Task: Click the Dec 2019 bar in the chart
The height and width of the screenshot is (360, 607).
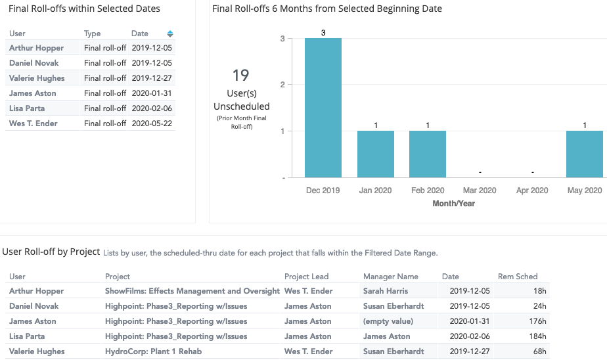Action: (x=323, y=108)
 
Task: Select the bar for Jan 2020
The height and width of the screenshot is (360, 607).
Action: (x=375, y=154)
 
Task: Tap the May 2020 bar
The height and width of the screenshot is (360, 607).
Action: (x=584, y=154)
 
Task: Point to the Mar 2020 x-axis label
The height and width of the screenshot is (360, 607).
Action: (x=479, y=191)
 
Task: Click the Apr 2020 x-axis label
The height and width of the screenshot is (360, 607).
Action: (x=531, y=191)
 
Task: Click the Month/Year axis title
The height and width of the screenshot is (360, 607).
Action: (x=453, y=204)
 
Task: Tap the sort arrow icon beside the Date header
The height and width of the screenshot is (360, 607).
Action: (x=170, y=34)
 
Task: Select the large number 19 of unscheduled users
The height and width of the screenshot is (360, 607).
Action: (x=240, y=76)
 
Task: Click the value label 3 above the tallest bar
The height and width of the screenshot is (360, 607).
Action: (x=323, y=33)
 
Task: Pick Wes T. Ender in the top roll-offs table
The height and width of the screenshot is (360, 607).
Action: (x=33, y=124)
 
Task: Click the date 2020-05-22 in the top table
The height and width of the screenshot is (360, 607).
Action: (x=151, y=124)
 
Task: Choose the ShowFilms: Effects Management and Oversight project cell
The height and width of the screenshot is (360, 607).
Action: (x=192, y=291)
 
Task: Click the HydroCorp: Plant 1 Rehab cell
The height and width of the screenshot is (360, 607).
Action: (x=153, y=351)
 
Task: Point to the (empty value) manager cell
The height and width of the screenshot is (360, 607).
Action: (x=388, y=321)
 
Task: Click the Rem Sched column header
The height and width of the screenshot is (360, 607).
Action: (x=518, y=277)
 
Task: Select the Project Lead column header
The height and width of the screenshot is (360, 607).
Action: (x=306, y=277)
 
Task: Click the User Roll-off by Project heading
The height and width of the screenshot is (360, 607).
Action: (x=51, y=252)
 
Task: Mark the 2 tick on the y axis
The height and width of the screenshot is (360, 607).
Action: (x=282, y=85)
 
